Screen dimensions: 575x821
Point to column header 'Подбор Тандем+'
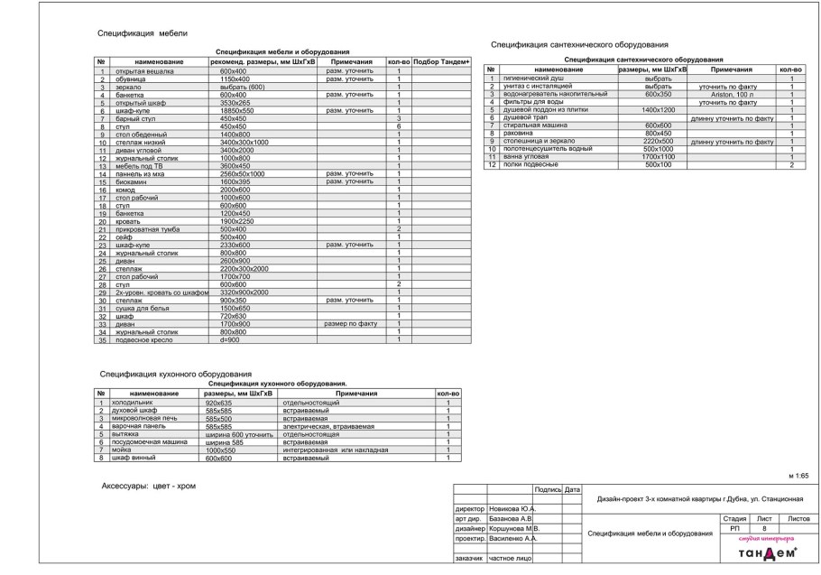pyautogui.click(x=442, y=61)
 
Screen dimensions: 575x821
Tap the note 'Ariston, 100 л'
pyautogui.click(x=731, y=94)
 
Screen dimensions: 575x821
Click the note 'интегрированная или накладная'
pyautogui.click(x=336, y=450)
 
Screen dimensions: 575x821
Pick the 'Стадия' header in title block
pyautogui.click(x=733, y=519)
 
